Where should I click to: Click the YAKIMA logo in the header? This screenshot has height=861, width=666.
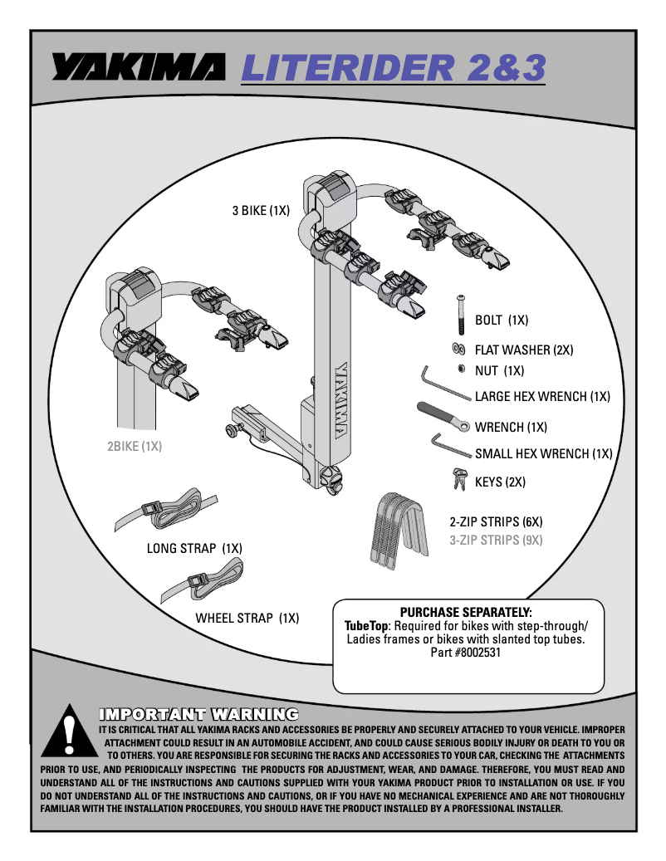(137, 68)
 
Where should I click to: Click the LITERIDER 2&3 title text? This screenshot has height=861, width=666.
(393, 68)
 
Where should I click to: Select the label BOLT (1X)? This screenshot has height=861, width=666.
(502, 320)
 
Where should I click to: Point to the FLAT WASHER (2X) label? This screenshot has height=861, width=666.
(524, 350)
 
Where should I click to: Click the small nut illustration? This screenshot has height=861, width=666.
(460, 369)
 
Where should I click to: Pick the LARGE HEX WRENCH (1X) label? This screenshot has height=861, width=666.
(542, 397)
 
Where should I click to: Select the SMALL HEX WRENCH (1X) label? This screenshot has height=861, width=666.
(543, 454)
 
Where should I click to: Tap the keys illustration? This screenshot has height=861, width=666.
(458, 479)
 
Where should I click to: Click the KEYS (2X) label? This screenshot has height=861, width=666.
(500, 482)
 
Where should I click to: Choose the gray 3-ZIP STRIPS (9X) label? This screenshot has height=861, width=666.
(496, 541)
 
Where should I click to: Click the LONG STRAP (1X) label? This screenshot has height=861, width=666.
(194, 548)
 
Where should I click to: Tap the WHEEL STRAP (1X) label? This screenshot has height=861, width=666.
(247, 619)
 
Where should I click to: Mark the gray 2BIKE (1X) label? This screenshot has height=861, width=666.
(134, 446)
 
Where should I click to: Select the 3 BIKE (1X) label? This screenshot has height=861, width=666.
(260, 211)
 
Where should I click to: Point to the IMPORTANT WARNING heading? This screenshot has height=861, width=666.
(198, 714)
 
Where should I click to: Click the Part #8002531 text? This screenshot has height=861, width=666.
(465, 653)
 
